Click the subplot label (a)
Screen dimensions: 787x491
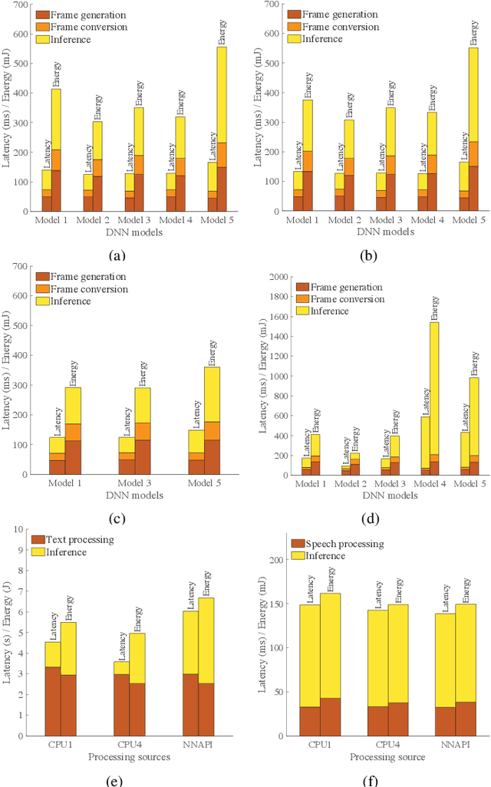point(117,235)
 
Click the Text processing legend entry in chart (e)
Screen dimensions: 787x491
point(79,538)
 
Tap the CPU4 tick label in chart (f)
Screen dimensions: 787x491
point(377,743)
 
